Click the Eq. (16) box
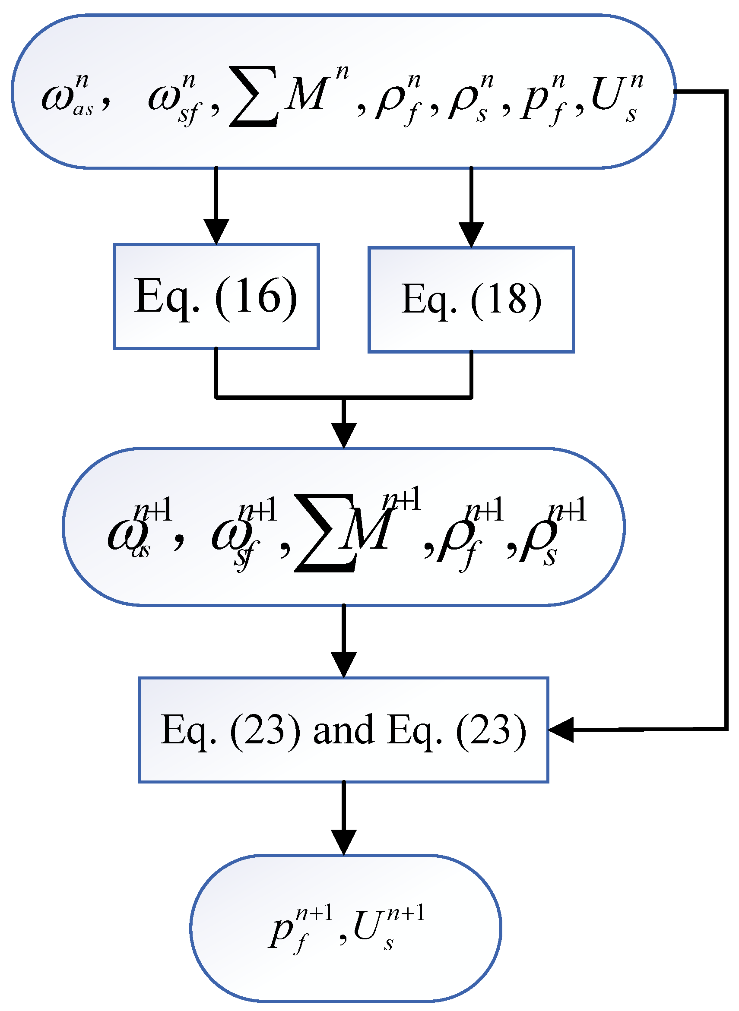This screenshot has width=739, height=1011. point(216,297)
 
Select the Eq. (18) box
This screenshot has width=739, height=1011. point(471,300)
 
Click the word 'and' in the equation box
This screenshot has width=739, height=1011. point(343,729)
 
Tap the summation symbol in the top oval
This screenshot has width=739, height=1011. point(254,97)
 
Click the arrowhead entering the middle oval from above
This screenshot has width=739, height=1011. point(343,435)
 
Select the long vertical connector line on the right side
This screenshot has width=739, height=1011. point(726,402)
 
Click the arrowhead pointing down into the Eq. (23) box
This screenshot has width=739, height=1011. point(343,664)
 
